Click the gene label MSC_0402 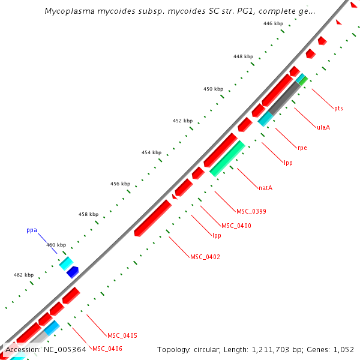205,257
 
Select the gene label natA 266,188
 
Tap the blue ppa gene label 32,230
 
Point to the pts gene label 338,108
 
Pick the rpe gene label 302,148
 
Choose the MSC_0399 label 251,211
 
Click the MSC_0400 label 236,226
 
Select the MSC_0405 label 122,335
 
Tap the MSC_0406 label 107,349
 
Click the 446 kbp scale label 273,23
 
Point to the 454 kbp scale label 151,152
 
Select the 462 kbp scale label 23,275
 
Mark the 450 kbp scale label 213,89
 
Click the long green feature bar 228,158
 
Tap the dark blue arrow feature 73,272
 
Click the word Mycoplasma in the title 67,11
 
